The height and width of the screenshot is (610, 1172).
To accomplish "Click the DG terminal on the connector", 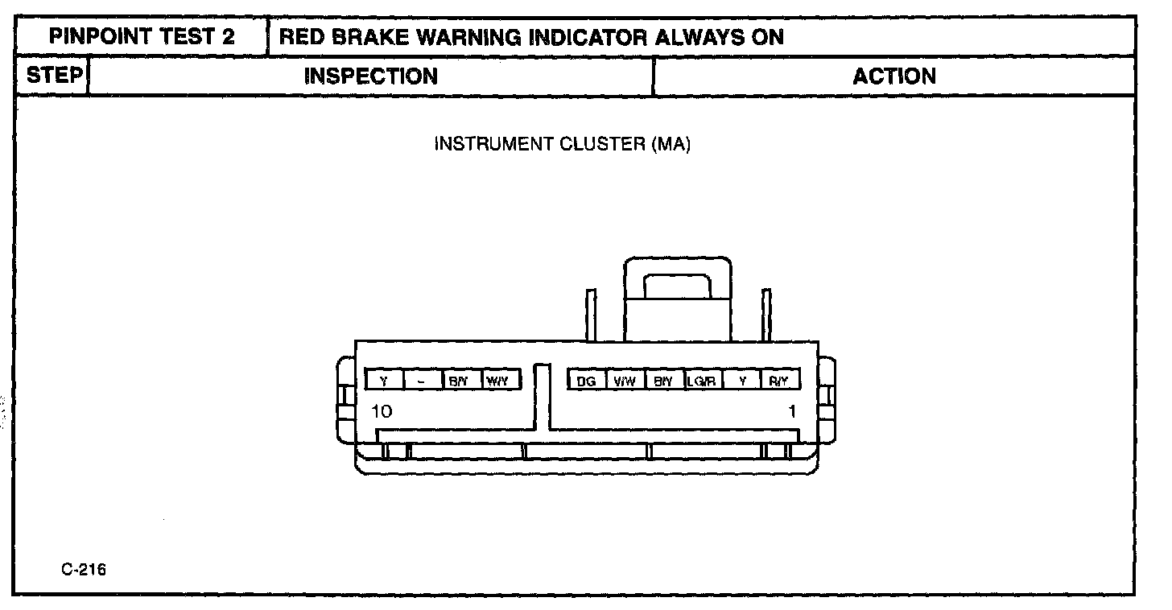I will [586, 381].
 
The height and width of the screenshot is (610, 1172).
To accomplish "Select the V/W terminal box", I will [625, 381].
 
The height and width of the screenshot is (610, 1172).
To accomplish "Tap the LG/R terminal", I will [702, 381].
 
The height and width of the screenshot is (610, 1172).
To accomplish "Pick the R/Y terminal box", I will [779, 381].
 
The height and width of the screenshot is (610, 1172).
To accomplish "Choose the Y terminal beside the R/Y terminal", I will [741, 381].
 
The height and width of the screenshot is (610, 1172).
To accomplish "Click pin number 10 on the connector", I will [382, 412].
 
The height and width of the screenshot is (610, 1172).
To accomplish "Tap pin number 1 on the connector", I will [792, 412].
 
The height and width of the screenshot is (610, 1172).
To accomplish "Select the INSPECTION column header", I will [371, 76].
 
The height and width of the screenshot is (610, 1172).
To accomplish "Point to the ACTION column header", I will [894, 76].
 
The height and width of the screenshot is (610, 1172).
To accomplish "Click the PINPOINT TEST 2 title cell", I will [142, 37].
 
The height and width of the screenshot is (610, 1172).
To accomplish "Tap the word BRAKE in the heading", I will [365, 37].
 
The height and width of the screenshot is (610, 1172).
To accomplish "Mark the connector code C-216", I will [83, 571].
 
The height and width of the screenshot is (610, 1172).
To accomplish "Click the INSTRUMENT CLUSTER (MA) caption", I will [563, 145].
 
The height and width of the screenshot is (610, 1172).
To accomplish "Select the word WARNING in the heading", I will [465, 37].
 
